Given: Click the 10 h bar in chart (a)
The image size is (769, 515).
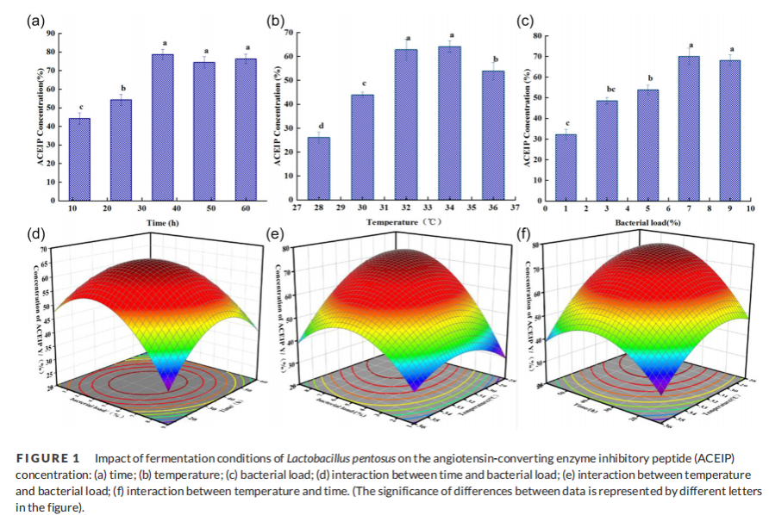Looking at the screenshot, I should [x=79, y=159].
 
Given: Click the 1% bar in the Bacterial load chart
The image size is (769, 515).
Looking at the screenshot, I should [x=566, y=167].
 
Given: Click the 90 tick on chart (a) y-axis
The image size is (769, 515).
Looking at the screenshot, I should [x=53, y=34].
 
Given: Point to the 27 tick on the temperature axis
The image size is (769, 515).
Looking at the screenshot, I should [x=297, y=208].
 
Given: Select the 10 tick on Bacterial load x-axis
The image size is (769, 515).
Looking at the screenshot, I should [x=749, y=208].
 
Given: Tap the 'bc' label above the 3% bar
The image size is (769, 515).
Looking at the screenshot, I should [x=606, y=90].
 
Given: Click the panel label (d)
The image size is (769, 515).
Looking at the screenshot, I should [x=36, y=234].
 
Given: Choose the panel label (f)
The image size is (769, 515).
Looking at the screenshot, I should [x=523, y=233].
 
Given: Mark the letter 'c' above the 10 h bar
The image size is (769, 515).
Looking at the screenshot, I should [x=79, y=107].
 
